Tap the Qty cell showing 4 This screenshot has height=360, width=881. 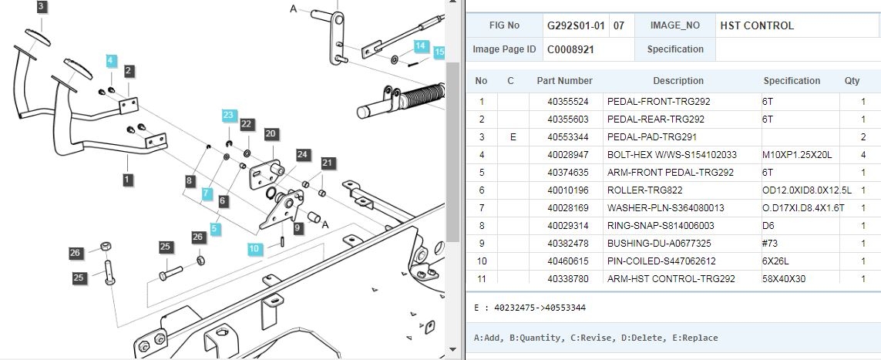pyautogui.click(x=863, y=154)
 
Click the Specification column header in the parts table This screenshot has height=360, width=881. pyautogui.click(x=792, y=81)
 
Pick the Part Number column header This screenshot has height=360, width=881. pyautogui.click(x=565, y=81)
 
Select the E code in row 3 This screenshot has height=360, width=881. pyautogui.click(x=513, y=137)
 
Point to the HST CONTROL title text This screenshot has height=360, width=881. pyautogui.click(x=757, y=26)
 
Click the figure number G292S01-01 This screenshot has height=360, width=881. pyautogui.click(x=576, y=26)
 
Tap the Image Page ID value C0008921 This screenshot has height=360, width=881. pyautogui.click(x=570, y=49)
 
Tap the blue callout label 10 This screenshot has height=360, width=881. pyautogui.click(x=255, y=249)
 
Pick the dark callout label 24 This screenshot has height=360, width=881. pyautogui.click(x=303, y=154)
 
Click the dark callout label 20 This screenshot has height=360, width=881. pyautogui.click(x=271, y=133)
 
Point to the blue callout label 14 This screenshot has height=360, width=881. pyautogui.click(x=422, y=45)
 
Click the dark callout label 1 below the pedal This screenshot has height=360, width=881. pyautogui.click(x=128, y=180)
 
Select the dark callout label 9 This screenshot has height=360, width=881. pyautogui.click(x=298, y=228)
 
